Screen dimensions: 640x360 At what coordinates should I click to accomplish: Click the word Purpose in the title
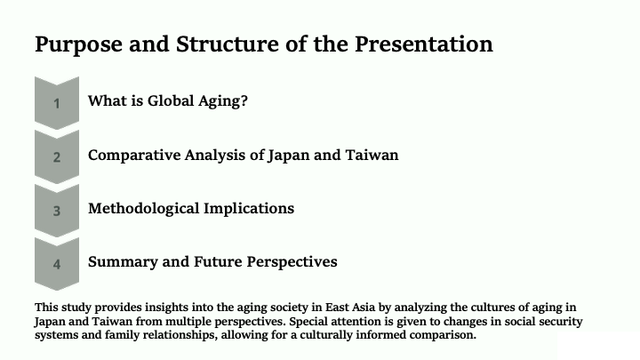78,45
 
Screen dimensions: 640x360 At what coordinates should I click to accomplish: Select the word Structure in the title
227,44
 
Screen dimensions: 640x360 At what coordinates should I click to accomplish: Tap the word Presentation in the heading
424,44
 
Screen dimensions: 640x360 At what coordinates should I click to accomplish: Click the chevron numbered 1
57,103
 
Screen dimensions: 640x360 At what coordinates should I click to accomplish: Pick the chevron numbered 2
57,156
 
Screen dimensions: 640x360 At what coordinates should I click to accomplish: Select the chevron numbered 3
57,211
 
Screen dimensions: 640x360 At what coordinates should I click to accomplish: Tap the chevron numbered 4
57,264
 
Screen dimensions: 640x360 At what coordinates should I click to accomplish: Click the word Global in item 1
171,100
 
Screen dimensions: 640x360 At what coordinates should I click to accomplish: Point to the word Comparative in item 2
134,156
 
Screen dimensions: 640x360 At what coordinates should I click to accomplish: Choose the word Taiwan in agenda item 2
372,155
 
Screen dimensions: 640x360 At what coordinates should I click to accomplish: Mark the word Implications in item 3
249,209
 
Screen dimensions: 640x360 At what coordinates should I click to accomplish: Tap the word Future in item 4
218,261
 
